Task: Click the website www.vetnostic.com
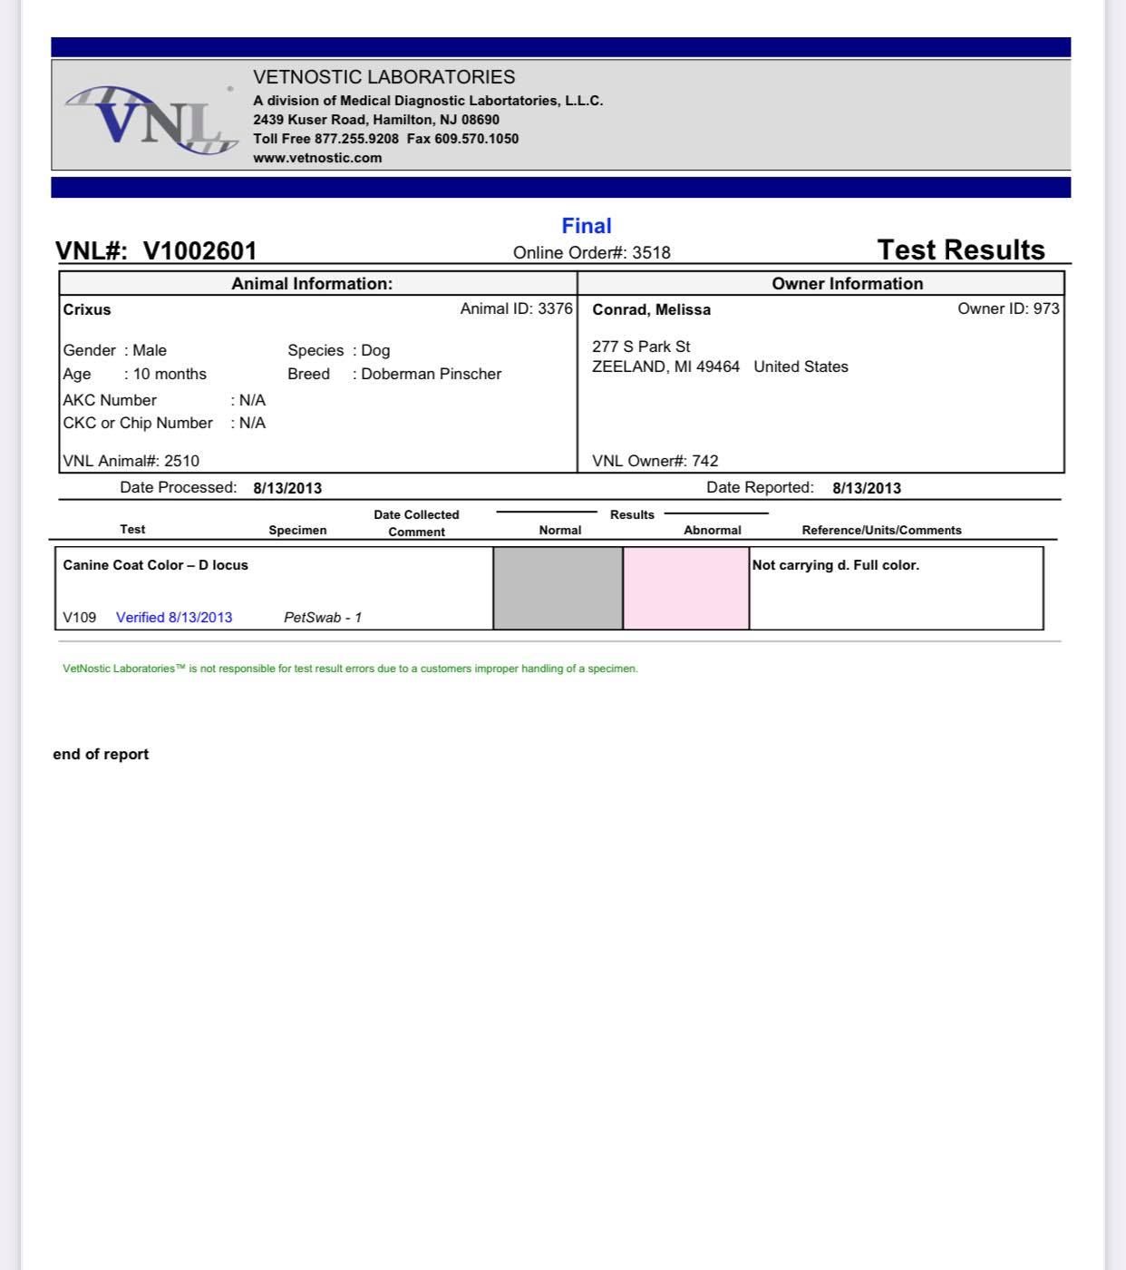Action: point(317,158)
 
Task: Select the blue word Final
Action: point(587,226)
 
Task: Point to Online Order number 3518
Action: point(592,253)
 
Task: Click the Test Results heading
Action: point(961,249)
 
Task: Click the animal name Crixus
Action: point(87,309)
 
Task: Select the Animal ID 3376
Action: point(516,308)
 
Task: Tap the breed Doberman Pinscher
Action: point(431,374)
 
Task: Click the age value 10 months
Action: point(170,374)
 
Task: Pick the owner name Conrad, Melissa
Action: point(651,309)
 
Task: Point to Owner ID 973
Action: point(1008,308)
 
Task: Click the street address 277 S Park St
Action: point(641,347)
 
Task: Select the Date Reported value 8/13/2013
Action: point(867,488)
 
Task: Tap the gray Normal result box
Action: point(558,588)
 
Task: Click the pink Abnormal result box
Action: point(686,588)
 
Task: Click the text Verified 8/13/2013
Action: point(174,618)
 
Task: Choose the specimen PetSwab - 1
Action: point(323,618)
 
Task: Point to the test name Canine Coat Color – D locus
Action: point(155,565)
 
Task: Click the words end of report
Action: point(101,754)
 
